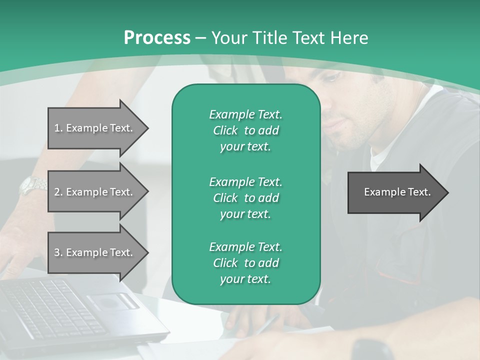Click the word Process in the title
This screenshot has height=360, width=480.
tap(157, 38)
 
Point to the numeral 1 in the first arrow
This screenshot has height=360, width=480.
tap(57, 128)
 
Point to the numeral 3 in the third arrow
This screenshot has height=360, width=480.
tap(57, 252)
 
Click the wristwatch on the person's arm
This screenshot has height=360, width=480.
tap(33, 186)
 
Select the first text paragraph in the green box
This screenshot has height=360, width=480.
tap(245, 130)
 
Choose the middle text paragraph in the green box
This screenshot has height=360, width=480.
tap(245, 198)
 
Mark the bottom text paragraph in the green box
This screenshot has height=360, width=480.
tap(245, 263)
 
